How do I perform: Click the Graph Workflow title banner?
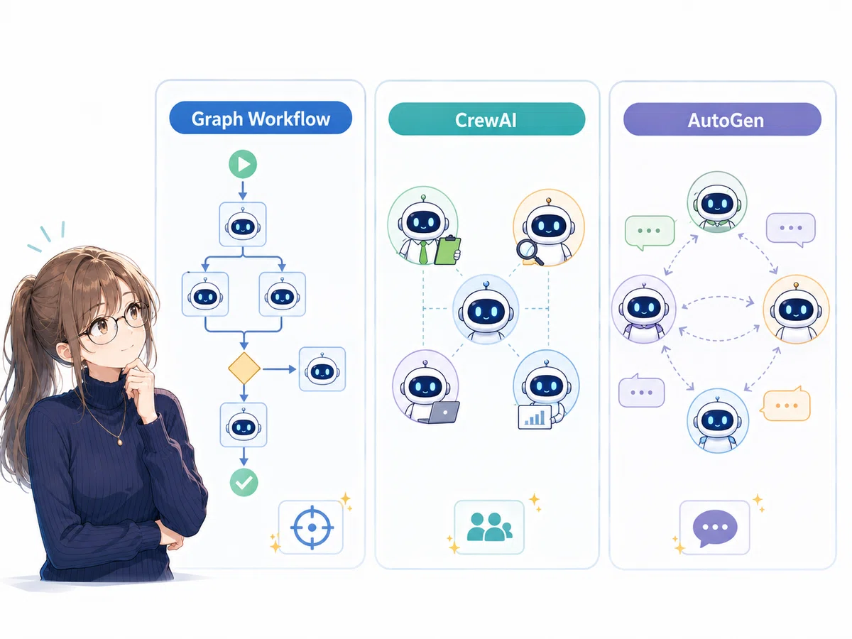point(261,118)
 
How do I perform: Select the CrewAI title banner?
point(486,119)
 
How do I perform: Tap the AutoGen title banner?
point(722,119)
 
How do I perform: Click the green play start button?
point(243,164)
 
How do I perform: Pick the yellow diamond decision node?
point(244,368)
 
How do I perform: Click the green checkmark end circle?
point(244,482)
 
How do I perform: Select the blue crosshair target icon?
point(312,528)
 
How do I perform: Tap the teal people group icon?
point(489,527)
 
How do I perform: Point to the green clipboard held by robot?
point(447,250)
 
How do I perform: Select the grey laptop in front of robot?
point(440,412)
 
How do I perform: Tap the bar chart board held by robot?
point(535,417)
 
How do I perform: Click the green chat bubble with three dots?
point(650,232)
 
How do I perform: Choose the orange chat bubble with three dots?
point(785,405)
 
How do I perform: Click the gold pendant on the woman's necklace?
point(119,442)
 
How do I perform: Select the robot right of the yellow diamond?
point(322,370)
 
